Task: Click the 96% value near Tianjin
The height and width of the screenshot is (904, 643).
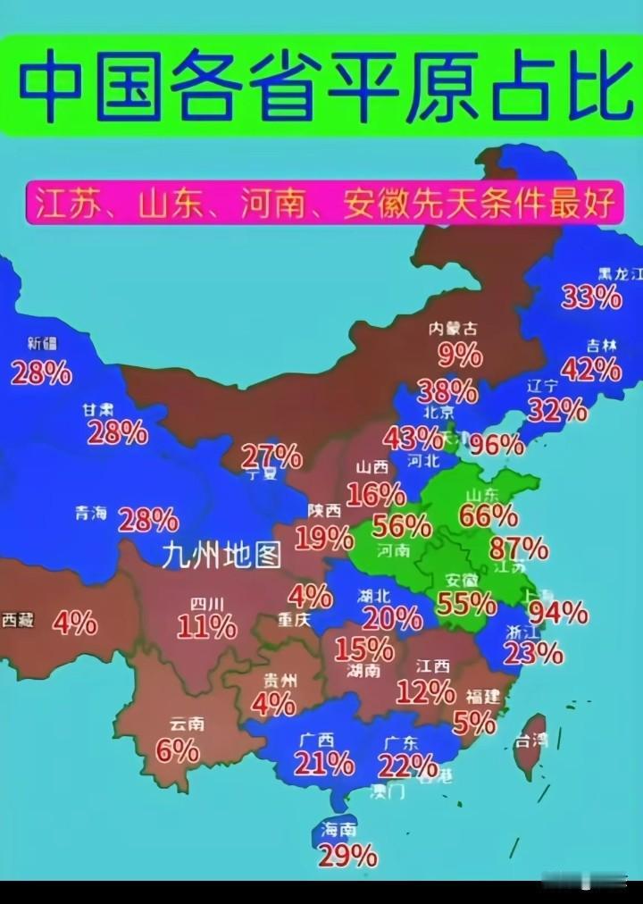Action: tap(497, 444)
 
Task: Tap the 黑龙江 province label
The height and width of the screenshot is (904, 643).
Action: tap(620, 274)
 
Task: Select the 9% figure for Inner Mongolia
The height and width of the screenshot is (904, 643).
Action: tap(459, 356)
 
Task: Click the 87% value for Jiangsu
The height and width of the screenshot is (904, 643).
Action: tap(518, 547)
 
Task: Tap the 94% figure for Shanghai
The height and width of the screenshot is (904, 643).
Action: tap(558, 612)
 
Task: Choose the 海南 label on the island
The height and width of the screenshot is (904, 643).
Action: tap(338, 830)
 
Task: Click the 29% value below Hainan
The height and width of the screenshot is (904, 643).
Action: tap(347, 857)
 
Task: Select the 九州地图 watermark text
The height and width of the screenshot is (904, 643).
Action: tap(221, 556)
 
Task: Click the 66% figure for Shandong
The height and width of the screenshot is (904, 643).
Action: tap(488, 515)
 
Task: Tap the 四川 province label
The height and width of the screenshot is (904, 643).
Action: tap(206, 603)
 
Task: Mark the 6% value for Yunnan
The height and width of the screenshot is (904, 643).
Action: tap(177, 750)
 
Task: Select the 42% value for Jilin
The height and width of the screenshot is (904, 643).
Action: tap(590, 368)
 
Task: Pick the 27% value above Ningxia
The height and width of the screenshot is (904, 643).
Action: tap(271, 456)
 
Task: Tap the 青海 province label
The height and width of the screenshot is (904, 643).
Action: tap(91, 514)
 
